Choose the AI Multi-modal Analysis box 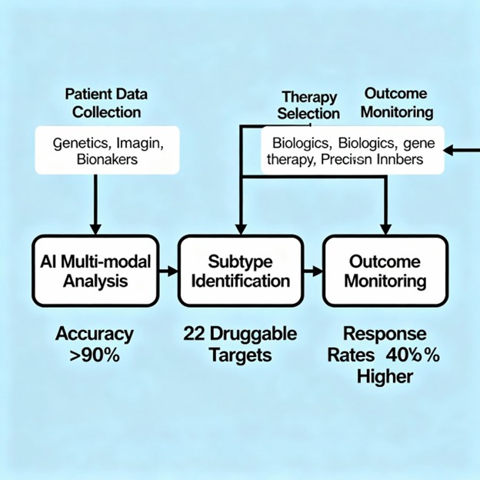pos(95,271)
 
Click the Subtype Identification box pos(240,271)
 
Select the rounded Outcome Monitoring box pos(385,271)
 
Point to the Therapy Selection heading pos(310,105)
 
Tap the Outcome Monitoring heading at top pos(398,102)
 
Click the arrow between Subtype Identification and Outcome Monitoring pos(312,271)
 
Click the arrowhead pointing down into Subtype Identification pos(241,228)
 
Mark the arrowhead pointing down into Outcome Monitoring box pos(385,228)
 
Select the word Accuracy pos(95,335)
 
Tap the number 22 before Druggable pos(192,335)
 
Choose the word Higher pos(385,377)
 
